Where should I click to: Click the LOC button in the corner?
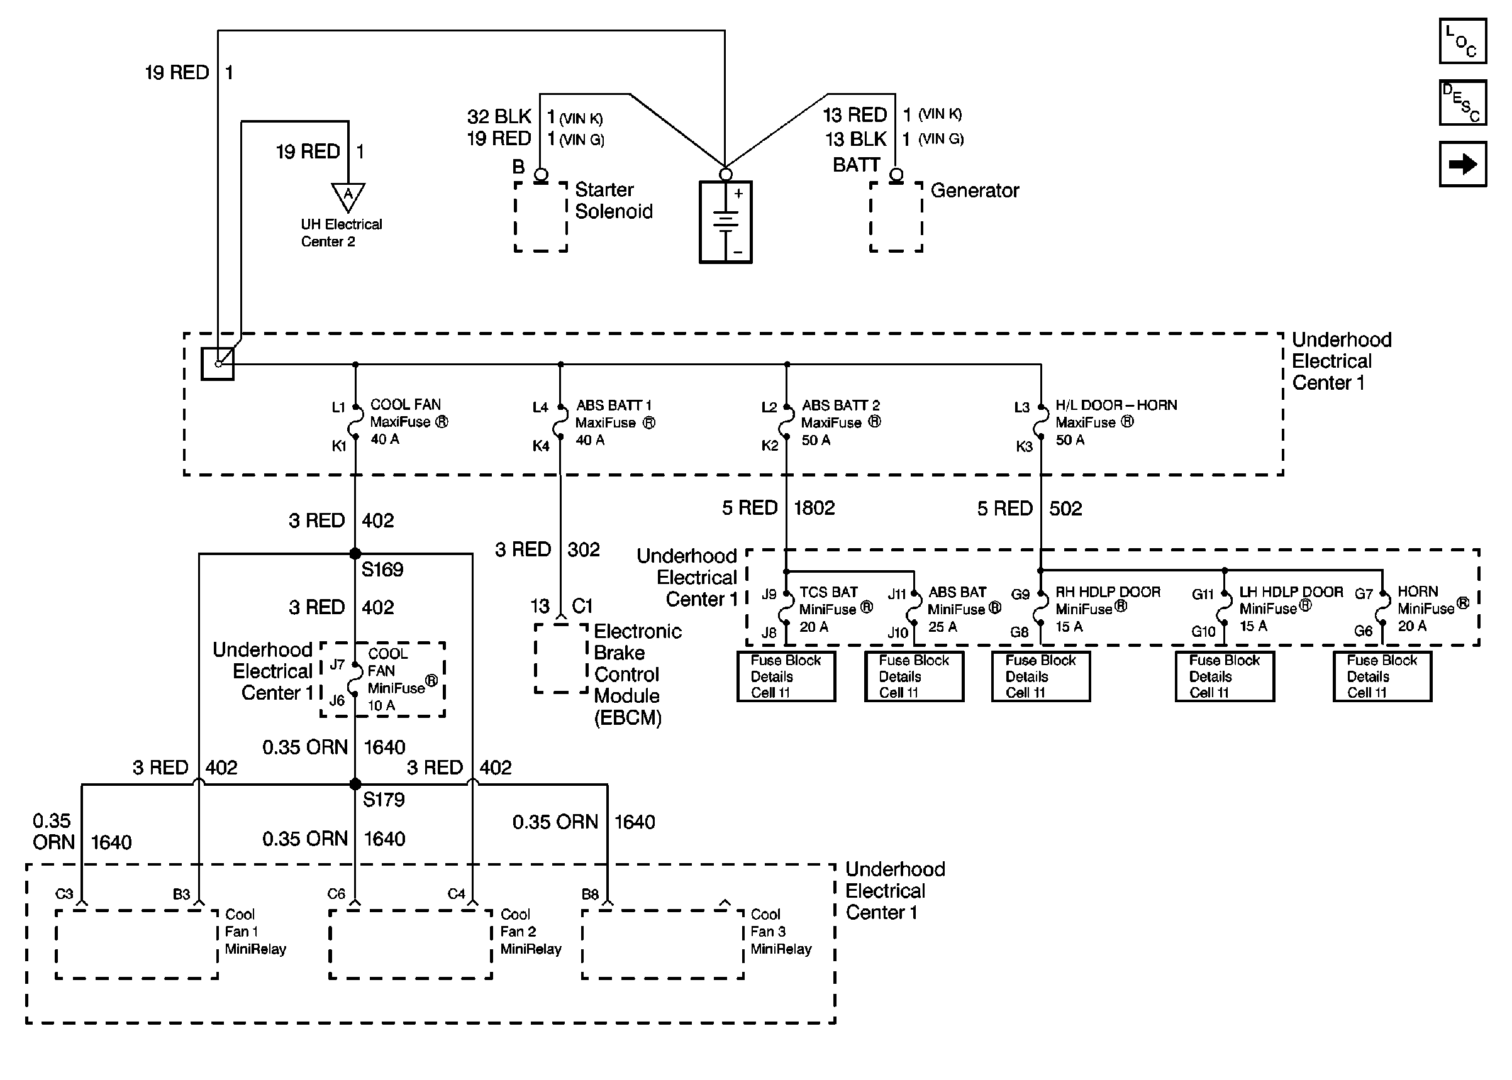(1462, 41)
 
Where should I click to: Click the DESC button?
(1462, 103)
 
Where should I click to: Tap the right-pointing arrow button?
(1462, 164)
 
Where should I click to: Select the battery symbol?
(725, 222)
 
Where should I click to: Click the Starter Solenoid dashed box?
(541, 217)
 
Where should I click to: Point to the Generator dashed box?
(896, 217)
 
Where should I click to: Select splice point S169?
(355, 553)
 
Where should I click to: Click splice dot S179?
(355, 784)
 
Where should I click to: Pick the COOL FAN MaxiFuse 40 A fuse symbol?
(356, 422)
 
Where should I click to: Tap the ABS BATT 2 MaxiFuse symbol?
(787, 422)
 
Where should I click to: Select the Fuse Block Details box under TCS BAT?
(786, 676)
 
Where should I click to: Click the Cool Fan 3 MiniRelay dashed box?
(662, 944)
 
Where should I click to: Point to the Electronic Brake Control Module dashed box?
(562, 658)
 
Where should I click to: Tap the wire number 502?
(1065, 509)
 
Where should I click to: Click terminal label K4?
(541, 446)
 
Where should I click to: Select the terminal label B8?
(590, 895)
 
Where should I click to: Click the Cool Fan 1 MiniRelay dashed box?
(136, 944)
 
